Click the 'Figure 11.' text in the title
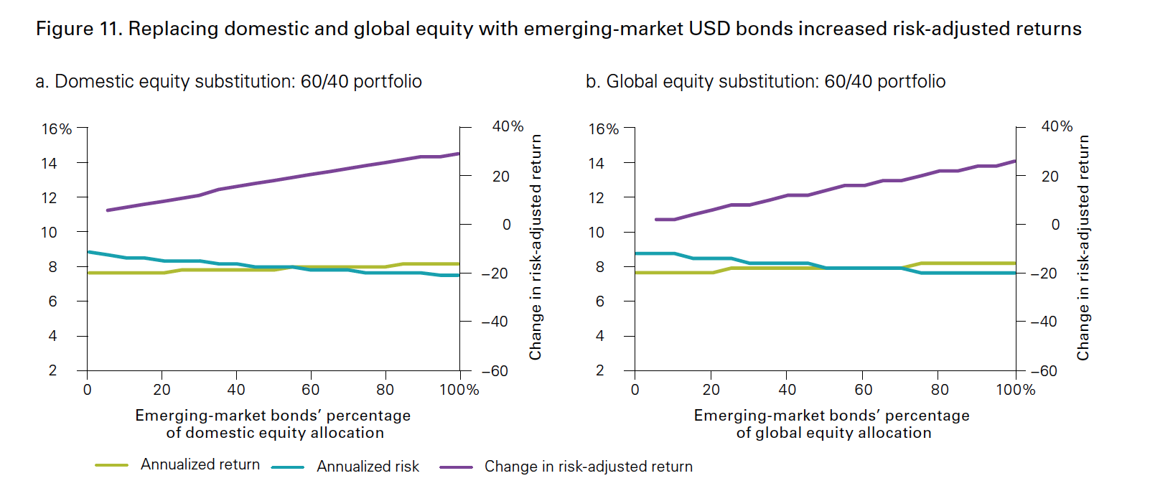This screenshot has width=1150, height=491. click(79, 29)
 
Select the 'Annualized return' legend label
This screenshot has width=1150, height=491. click(200, 464)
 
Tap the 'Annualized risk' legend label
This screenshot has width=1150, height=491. click(368, 467)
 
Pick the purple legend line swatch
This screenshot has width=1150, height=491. click(456, 467)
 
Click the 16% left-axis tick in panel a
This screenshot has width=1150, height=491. click(57, 129)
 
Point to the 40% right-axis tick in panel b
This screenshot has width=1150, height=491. click(1057, 127)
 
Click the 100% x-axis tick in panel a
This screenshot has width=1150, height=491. click(459, 390)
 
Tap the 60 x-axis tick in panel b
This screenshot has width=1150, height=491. click(863, 390)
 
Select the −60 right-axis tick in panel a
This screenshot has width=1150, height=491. click(495, 371)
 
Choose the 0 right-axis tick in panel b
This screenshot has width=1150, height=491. click(1055, 225)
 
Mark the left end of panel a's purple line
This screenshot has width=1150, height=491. click(107, 210)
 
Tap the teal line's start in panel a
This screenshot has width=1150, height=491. click(88, 251)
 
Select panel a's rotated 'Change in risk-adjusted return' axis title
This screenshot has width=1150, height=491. click(536, 247)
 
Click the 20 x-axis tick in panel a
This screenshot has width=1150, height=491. click(162, 390)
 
